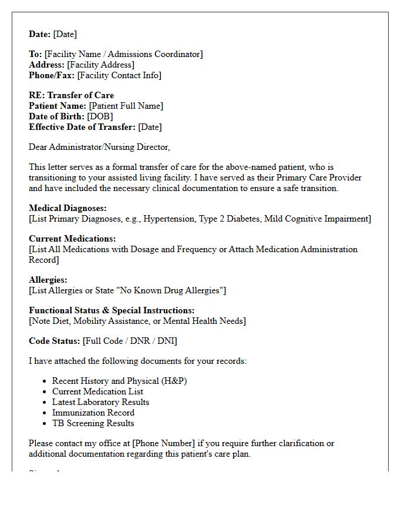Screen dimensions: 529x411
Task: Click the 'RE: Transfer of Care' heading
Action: pos(72,95)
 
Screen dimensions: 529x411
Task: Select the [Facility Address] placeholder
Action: pos(100,65)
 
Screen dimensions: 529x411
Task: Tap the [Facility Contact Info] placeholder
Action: pos(119,75)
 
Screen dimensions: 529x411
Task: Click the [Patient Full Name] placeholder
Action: pos(126,106)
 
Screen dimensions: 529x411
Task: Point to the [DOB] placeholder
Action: pos(100,116)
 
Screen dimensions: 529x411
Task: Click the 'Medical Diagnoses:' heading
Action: pos(68,208)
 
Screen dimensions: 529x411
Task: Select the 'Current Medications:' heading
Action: pos(72,239)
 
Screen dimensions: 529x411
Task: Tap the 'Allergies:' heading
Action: pos(48,280)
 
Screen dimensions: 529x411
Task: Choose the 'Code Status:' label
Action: pos(55,341)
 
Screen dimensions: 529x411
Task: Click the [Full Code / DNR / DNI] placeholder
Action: pos(130,341)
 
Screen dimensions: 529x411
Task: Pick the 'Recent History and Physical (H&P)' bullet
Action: pos(120,381)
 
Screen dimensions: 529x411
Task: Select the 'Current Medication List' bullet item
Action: pos(97,391)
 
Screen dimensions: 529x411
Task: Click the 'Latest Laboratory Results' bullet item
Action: pos(100,402)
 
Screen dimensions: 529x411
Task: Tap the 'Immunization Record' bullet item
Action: pos(93,413)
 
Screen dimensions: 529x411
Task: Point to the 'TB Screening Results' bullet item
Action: pos(93,423)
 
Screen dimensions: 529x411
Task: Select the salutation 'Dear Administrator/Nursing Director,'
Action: pos(99,147)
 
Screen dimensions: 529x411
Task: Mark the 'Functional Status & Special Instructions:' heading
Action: pos(112,310)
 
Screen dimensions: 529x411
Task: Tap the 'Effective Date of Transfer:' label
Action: pos(82,127)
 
